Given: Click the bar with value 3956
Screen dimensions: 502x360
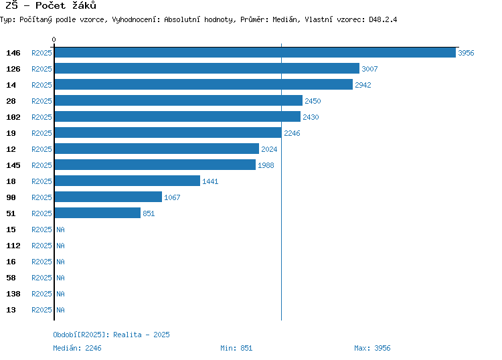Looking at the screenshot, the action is [x=255, y=52].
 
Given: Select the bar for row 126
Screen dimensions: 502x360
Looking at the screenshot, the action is [x=207, y=68].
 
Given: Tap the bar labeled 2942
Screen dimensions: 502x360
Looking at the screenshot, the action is [x=203, y=84].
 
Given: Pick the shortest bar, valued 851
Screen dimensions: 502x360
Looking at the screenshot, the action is [x=98, y=213].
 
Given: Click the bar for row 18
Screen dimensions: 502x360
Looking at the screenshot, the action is [x=127, y=181].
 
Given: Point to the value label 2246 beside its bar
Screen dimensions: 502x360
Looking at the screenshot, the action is [x=292, y=133].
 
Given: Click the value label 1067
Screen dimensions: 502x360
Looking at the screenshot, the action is [x=172, y=197].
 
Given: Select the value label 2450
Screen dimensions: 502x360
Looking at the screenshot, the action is [x=313, y=101].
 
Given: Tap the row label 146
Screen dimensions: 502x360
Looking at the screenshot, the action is [x=13, y=53].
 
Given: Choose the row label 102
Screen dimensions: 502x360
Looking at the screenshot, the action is [x=13, y=117].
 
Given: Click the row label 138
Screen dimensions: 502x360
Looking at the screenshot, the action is [x=13, y=294].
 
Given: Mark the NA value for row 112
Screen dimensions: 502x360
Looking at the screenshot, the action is [x=60, y=246].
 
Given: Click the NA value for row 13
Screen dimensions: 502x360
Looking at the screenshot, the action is [x=60, y=310].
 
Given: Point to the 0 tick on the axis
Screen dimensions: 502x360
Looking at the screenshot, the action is [x=54, y=39].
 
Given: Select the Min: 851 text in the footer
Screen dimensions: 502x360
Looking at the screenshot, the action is [x=236, y=348].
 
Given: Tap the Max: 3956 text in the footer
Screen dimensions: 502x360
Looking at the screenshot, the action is [x=372, y=348].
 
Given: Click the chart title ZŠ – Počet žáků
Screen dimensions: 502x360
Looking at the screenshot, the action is [x=51, y=5].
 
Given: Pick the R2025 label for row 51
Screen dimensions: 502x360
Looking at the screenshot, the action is [x=41, y=213].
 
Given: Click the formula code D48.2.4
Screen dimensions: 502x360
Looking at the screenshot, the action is [x=383, y=19].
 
